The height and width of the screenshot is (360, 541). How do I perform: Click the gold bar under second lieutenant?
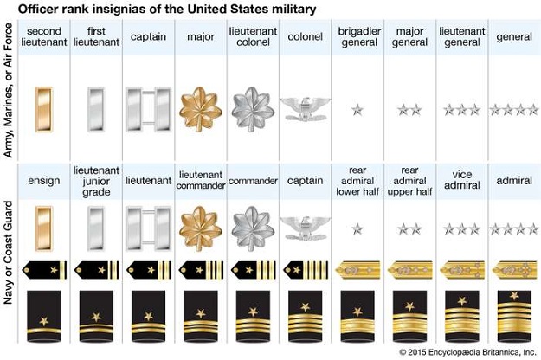(44, 109)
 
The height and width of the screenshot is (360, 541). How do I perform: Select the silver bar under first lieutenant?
(96, 109)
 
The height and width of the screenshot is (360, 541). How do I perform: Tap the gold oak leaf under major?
(201, 109)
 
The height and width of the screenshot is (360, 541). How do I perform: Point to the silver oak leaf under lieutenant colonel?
(253, 109)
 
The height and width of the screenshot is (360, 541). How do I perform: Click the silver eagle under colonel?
(305, 109)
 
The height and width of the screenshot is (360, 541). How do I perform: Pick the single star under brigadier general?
(357, 110)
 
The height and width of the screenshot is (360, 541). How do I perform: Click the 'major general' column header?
(409, 36)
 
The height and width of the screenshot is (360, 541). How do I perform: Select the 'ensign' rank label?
(44, 181)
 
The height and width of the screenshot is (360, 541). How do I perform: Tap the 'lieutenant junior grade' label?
(96, 181)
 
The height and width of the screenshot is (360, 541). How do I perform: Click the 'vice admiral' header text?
(462, 180)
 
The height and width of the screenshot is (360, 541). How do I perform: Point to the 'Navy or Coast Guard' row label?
(8, 253)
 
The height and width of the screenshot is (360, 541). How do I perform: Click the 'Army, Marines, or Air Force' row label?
(8, 90)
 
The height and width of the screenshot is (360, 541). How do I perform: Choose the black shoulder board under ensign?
(44, 270)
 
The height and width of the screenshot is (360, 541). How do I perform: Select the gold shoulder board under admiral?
(514, 270)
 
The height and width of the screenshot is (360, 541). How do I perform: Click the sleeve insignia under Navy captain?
(305, 316)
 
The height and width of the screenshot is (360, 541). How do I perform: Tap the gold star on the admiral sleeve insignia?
(514, 295)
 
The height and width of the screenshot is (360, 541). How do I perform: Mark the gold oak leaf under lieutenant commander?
(201, 228)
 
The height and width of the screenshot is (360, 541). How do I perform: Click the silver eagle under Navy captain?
(305, 228)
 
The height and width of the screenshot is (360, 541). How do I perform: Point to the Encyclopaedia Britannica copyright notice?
(467, 352)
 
